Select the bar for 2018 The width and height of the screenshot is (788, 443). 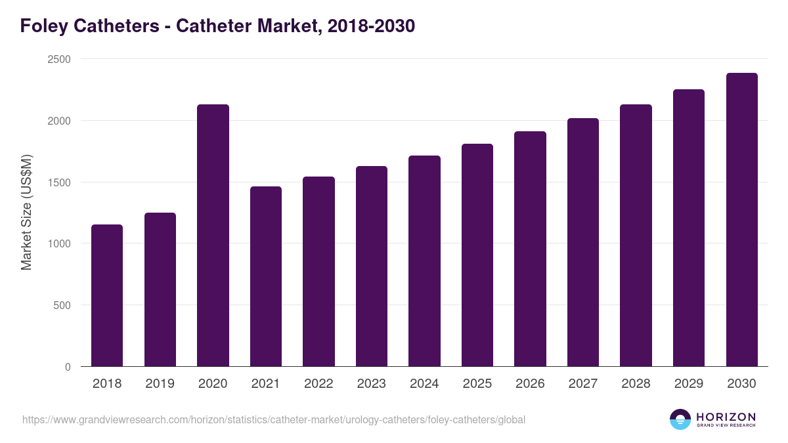[107, 295]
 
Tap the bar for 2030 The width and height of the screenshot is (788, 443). [741, 219]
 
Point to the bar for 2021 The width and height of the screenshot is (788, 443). [265, 276]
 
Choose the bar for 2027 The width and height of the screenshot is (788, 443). [583, 242]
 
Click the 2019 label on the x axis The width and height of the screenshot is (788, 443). [160, 384]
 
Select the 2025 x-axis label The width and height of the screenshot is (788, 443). [477, 384]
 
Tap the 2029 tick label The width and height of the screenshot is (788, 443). [688, 384]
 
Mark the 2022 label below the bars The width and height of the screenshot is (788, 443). [318, 384]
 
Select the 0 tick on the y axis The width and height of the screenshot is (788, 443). [68, 367]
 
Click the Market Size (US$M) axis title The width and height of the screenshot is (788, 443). [26, 213]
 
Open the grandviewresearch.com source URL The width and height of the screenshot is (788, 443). [274, 419]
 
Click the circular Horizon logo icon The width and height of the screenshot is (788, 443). [680, 419]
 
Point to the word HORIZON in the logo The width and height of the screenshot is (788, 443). [726, 417]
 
